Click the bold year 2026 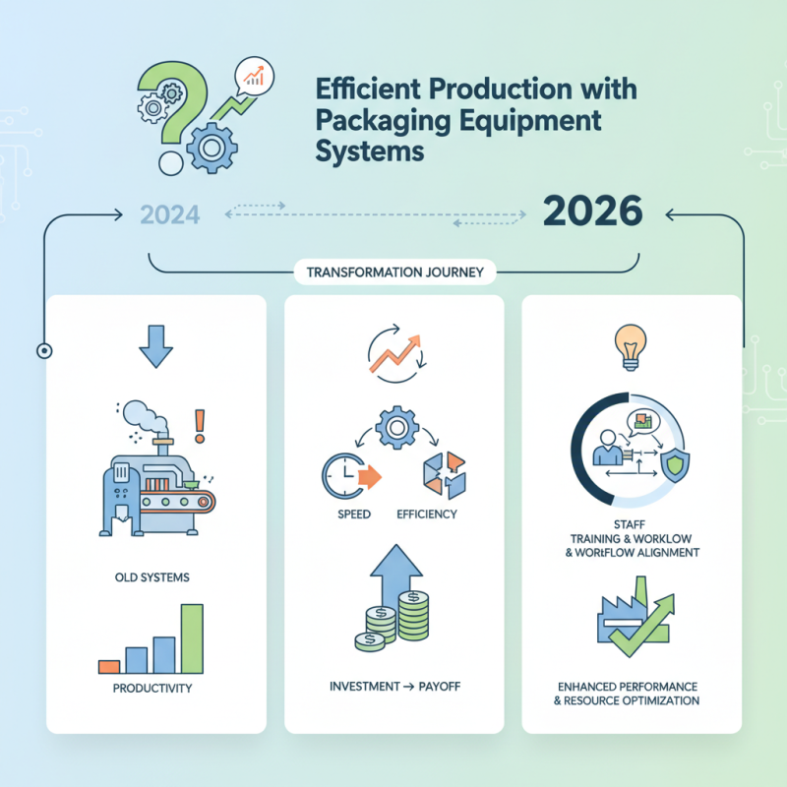[x=592, y=212]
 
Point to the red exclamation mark [x=201, y=424]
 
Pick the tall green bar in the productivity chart [x=192, y=638]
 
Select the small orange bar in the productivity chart [x=109, y=666]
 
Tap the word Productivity [x=151, y=688]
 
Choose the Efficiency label [x=424, y=515]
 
